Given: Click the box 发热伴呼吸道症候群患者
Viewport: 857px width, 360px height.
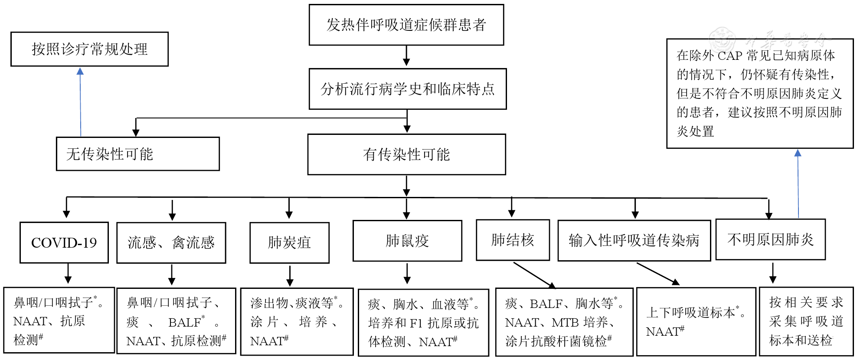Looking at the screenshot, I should point(406,25).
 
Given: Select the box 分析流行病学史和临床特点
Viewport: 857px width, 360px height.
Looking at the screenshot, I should point(407,89).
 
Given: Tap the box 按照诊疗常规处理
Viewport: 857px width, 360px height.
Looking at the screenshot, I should point(89,49).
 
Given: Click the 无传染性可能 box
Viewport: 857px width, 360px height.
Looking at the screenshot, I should point(137,154).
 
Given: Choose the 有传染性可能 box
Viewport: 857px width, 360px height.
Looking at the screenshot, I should point(406,154).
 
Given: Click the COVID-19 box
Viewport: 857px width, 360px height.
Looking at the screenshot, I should point(64,242).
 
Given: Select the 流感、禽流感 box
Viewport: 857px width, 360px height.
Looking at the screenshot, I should point(171,242).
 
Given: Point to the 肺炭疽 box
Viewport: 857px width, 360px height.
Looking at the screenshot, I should point(289,242).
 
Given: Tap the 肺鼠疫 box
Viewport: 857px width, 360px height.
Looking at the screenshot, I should point(407,241).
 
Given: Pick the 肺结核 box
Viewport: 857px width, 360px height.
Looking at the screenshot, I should point(513,240).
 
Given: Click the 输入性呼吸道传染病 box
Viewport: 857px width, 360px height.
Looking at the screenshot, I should point(634,240).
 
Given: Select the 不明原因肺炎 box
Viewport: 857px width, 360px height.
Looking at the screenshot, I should point(770,239).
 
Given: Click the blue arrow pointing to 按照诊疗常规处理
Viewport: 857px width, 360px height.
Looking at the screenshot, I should point(80,102).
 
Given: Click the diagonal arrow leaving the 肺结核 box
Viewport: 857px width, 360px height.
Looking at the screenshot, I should point(534,275).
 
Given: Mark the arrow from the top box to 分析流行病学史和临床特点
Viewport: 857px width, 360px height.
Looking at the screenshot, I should point(406,56).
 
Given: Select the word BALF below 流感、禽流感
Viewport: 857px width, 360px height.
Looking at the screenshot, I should point(184,322).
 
